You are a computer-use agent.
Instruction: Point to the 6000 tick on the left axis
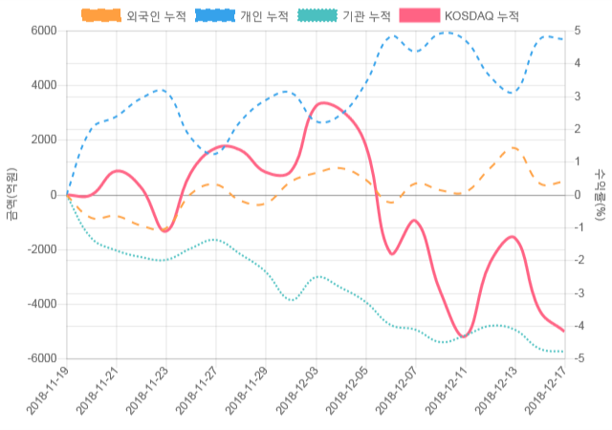tap(42, 31)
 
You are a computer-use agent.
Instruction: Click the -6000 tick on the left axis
tap(40, 358)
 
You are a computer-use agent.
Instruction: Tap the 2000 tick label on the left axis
tap(42, 140)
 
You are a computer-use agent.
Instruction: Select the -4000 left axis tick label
tap(40, 304)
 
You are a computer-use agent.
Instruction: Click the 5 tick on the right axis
tap(577, 31)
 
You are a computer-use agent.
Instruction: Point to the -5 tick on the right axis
tap(579, 358)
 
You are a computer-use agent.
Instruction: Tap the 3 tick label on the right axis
tap(577, 97)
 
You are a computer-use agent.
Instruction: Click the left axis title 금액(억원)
tap(11, 194)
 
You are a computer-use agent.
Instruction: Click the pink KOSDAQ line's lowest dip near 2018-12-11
tap(464, 336)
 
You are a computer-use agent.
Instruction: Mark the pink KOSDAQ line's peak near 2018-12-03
tap(323, 102)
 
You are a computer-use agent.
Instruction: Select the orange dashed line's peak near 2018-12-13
tap(514, 148)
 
